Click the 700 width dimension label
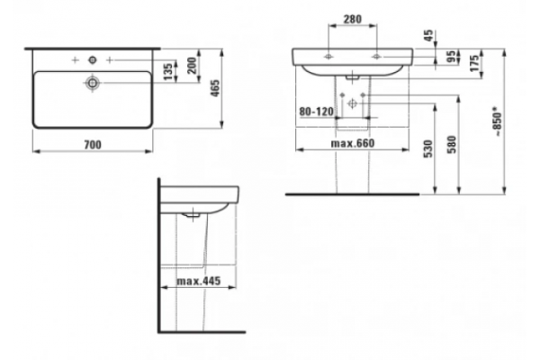pos(93,145)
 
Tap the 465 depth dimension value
pos(215,88)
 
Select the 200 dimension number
pos(192,66)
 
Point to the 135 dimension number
pos(168,72)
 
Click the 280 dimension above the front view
pos(353,19)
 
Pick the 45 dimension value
pos(428,36)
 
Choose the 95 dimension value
pos(451,57)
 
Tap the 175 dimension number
pos(474,63)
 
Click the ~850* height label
pos(498,121)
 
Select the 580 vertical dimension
pos(452,145)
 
